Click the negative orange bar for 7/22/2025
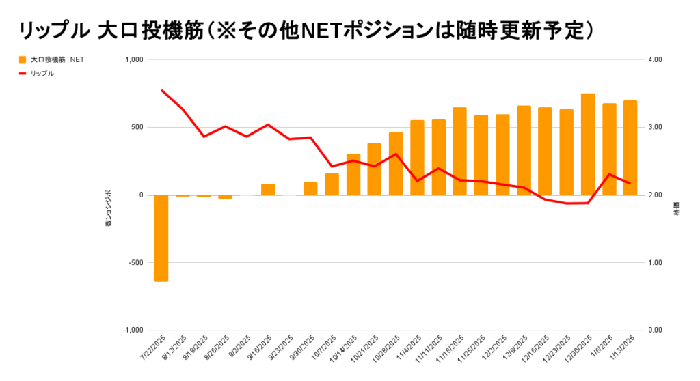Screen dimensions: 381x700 [161, 238]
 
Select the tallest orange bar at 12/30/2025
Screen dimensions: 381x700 [588, 144]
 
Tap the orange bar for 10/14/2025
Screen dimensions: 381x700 [353, 174]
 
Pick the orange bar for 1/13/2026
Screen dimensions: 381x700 [630, 147]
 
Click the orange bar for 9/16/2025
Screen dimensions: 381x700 [268, 189]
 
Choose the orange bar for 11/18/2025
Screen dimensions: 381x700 [459, 151]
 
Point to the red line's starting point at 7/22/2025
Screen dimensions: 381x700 [162, 90]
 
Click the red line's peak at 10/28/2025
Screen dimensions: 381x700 [396, 154]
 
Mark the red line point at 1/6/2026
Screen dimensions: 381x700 [609, 174]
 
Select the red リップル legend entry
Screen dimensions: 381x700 [42, 73]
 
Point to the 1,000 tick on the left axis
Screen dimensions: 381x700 [135, 60]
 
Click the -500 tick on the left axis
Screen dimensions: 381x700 [136, 263]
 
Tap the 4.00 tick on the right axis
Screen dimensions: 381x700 [655, 60]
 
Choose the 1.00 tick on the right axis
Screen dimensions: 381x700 [655, 263]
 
